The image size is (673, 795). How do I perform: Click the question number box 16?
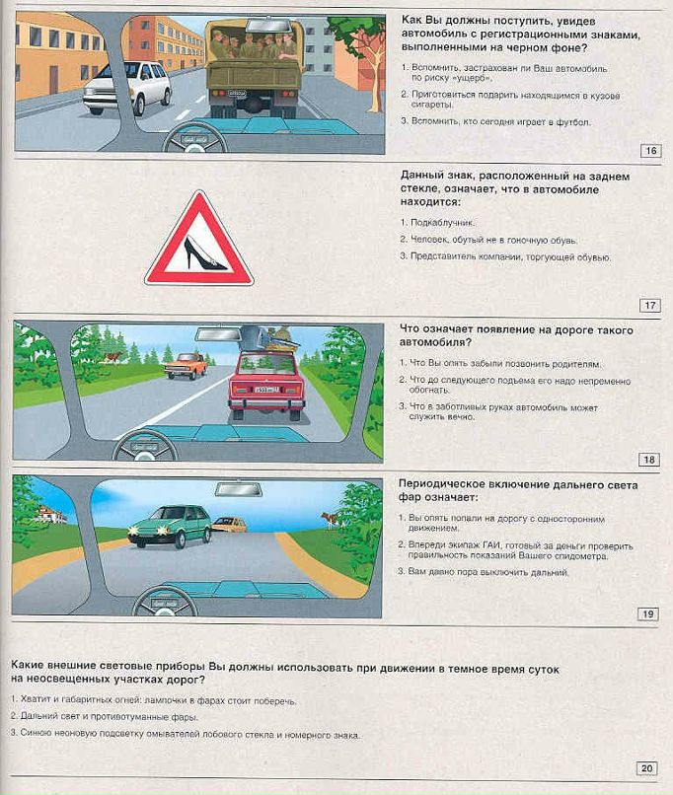(650, 151)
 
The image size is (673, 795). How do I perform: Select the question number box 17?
(650, 305)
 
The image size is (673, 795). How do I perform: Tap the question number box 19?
(648, 614)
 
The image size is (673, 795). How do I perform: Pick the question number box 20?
(646, 768)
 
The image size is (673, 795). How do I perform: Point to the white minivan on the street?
(126, 87)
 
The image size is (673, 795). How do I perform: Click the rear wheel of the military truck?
(254, 104)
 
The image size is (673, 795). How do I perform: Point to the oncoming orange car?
(185, 366)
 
